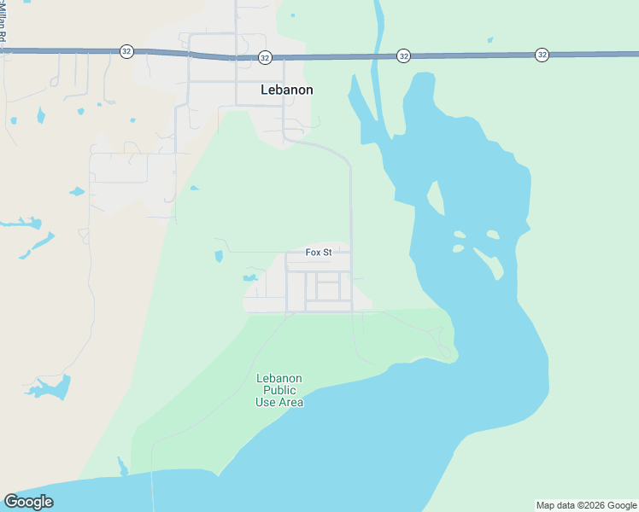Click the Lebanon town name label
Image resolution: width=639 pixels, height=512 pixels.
[x=286, y=90]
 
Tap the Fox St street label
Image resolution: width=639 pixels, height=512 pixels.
[x=318, y=253]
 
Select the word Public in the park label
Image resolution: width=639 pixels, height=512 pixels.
[x=279, y=390]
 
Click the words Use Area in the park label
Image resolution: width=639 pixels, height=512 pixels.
[x=279, y=402]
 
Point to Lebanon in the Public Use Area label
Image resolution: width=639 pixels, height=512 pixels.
[x=279, y=378]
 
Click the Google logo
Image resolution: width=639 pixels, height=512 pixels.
[x=28, y=502]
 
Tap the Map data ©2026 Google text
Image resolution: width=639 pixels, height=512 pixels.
[x=586, y=505]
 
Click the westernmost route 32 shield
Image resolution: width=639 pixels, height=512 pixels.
[x=126, y=51]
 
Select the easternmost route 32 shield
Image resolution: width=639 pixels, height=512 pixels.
[x=542, y=55]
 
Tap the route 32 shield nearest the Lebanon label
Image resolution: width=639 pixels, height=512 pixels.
[x=265, y=57]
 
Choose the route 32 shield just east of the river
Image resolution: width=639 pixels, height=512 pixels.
[x=403, y=55]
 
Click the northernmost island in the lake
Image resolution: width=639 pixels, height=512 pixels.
[x=434, y=199]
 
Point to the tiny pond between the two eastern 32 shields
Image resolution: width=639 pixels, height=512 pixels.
[x=490, y=39]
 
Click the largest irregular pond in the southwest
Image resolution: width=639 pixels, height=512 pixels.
[x=51, y=388]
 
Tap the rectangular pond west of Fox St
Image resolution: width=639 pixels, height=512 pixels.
[x=219, y=256]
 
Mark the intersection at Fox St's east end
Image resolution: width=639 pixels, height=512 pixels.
[x=350, y=253]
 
